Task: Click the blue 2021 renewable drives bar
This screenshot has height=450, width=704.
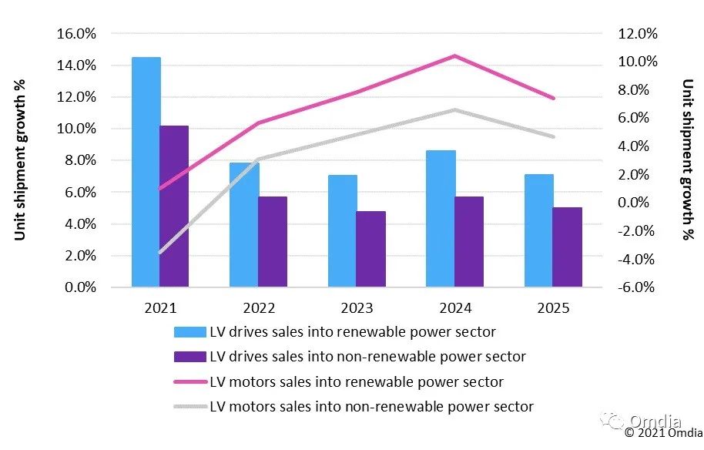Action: (x=146, y=172)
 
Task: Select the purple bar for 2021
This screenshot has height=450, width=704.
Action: (x=174, y=207)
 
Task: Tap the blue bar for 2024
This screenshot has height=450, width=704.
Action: (x=441, y=219)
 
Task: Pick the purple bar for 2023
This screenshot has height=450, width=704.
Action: (x=370, y=249)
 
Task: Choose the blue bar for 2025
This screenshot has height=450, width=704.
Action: (x=539, y=230)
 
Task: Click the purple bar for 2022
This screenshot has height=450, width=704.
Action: (x=273, y=242)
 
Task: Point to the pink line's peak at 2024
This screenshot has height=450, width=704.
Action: (x=454, y=55)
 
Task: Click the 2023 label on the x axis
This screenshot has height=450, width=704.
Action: (x=357, y=308)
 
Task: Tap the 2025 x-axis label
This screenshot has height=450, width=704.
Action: (x=553, y=308)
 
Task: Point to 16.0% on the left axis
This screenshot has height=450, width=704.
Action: (x=75, y=34)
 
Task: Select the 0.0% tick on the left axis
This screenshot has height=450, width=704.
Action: (x=78, y=287)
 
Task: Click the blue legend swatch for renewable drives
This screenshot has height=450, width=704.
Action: (x=190, y=332)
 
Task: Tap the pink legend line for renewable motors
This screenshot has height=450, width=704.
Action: (x=190, y=381)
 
